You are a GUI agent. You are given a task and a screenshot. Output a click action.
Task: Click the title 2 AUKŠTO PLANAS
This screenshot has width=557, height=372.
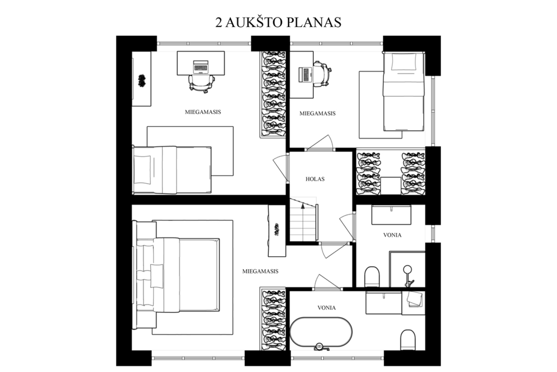tap(278, 22)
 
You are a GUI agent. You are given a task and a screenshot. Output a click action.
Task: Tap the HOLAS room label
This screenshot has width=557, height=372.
tap(315, 179)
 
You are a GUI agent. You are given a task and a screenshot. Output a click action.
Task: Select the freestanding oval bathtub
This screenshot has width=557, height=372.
tap(321, 332)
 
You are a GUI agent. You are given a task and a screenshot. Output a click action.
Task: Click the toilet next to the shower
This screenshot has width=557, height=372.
tap(372, 277)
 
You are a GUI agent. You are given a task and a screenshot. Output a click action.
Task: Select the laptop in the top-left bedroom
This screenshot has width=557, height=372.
tap(201, 66)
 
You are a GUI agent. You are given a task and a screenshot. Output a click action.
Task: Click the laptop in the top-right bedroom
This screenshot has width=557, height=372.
tap(305, 75)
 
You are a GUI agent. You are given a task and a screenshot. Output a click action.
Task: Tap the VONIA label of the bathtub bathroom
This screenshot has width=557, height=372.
tap(326, 308)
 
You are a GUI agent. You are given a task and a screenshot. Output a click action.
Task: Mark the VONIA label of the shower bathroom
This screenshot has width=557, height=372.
tap(393, 235)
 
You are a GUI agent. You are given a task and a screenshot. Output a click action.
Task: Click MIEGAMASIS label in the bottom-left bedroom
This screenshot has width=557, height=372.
tap(261, 271)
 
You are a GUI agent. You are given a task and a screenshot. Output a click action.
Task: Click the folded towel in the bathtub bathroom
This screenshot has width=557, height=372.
tap(414, 299)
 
